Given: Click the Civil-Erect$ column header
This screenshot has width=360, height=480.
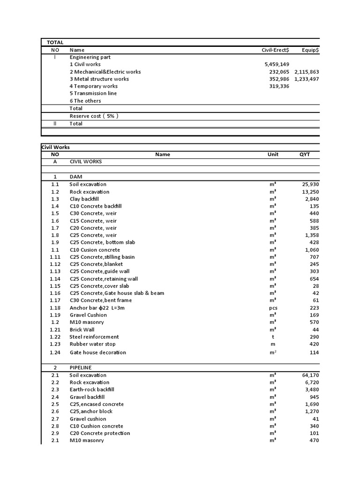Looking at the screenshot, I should tap(275, 50).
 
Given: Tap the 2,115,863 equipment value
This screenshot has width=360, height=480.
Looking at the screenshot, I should tap(307, 72).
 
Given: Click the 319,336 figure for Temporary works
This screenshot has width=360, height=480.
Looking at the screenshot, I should tap(278, 86).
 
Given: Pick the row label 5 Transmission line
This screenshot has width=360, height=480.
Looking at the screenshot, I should tap(93, 93).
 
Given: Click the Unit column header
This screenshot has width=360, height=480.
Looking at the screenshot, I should tap(273, 154).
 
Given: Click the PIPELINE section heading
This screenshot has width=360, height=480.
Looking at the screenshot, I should tap(81, 367).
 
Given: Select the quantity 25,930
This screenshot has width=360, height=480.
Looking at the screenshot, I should tap(310, 184).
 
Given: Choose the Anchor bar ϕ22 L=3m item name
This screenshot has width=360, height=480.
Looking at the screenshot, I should tap(97, 307).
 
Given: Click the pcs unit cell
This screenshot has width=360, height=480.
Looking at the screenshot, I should tap(273, 307).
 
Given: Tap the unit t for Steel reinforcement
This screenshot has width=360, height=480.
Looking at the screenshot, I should tap(273, 337).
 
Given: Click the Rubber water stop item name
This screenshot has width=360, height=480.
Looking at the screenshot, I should tap(92, 344).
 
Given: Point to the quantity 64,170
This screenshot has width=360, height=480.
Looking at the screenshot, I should tap(310, 375).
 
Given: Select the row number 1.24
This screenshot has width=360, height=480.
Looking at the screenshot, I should tap(55, 352).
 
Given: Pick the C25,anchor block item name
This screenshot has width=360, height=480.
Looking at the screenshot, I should tap(91, 412).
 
